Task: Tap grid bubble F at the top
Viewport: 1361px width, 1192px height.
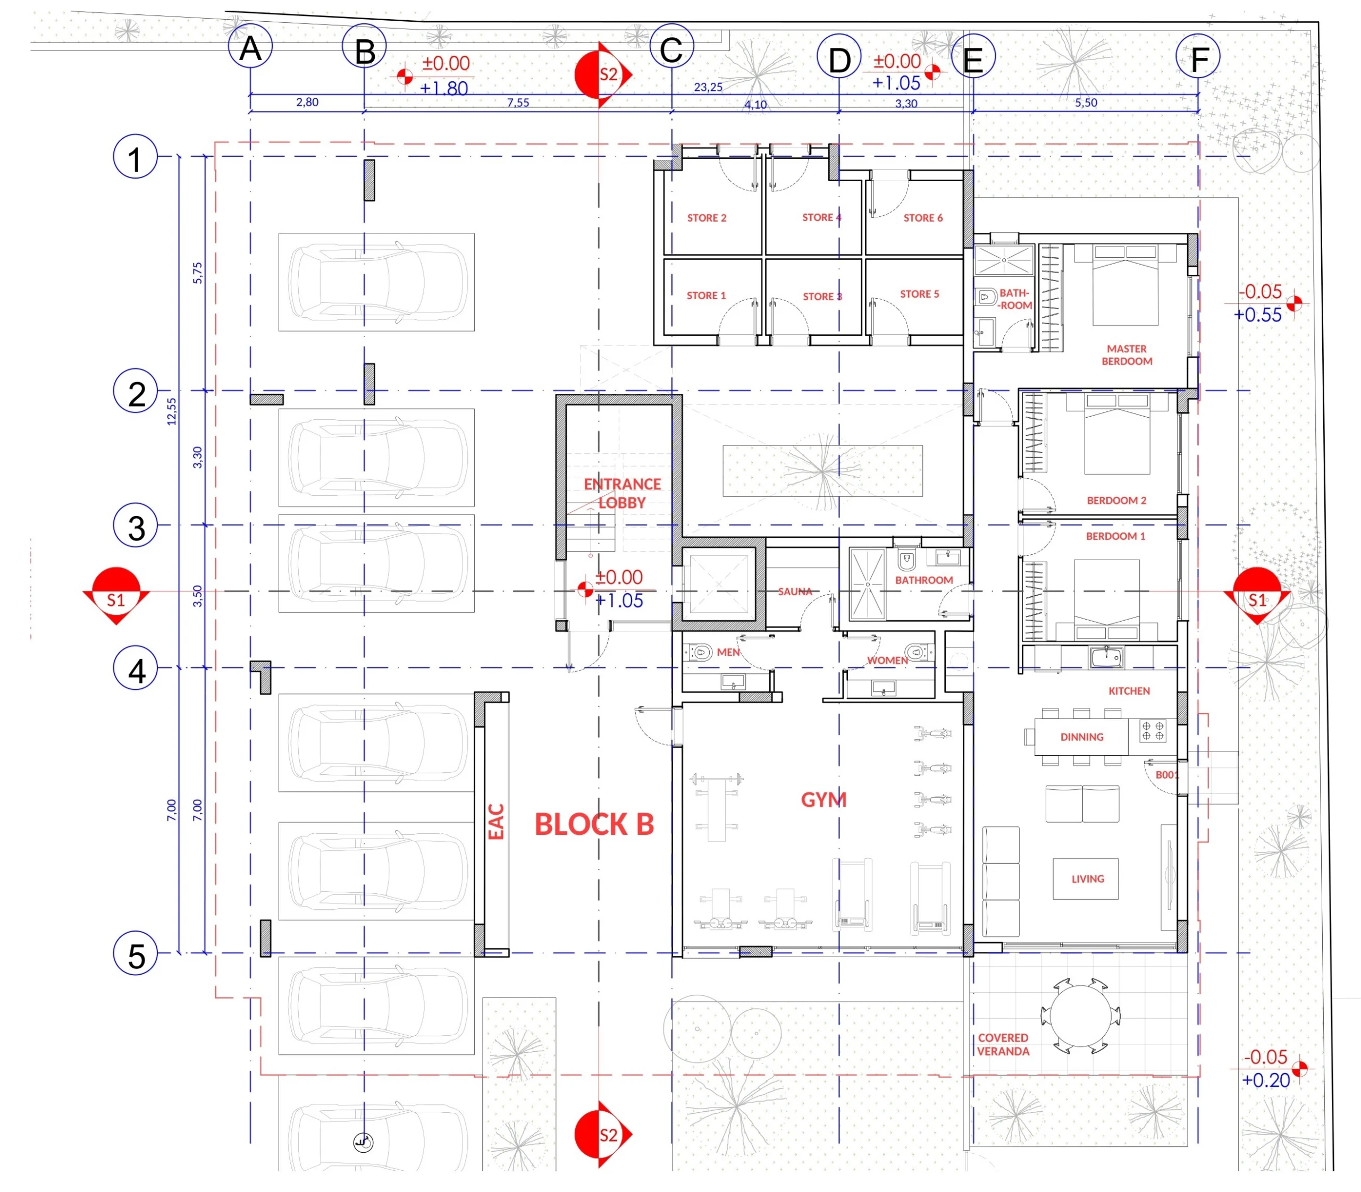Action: pos(1197,57)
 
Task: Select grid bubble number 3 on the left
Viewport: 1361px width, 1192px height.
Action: pos(136,526)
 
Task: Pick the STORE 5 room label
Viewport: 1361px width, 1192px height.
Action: pos(919,294)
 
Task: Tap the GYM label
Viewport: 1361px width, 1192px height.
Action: pos(824,800)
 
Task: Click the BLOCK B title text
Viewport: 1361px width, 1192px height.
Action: pos(594,825)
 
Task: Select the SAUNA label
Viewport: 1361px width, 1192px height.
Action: pos(795,591)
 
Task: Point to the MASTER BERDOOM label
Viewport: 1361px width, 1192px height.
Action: pos(1126,355)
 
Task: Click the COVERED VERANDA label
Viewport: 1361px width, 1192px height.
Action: pos(1003,1044)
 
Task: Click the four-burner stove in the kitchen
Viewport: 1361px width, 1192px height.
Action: pos(1153,732)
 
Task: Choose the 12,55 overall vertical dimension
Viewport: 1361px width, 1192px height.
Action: pos(172,411)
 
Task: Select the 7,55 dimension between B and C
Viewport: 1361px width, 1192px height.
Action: pos(518,103)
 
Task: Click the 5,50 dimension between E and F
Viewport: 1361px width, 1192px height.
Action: pos(1086,103)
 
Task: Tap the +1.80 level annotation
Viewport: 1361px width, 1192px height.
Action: pos(444,88)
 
